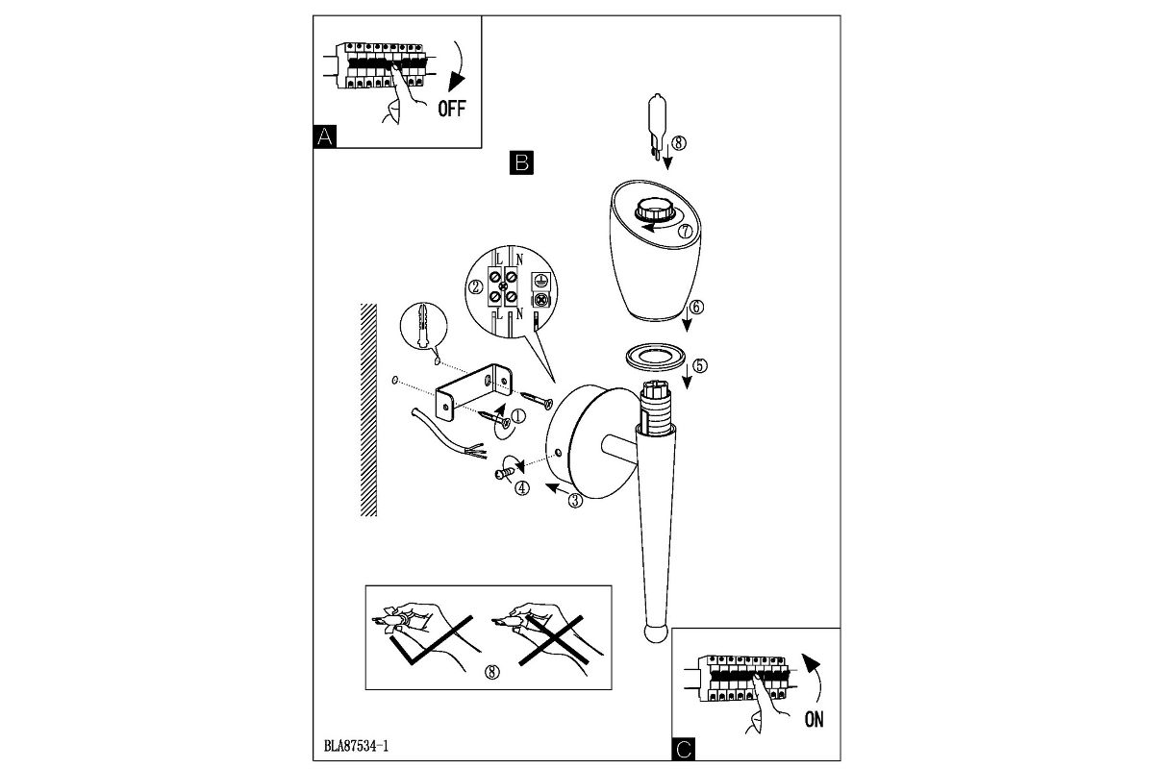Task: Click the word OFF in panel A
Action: [451, 109]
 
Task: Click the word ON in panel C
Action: [814, 720]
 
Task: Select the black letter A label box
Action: [326, 136]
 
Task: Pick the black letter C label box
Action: [684, 749]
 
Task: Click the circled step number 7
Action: [685, 232]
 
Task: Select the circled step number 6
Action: [697, 308]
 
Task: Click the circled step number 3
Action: [575, 499]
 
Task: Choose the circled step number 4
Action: [522, 487]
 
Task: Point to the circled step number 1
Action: [518, 416]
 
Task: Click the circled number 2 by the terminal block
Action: [474, 287]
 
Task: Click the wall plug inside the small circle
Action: [422, 326]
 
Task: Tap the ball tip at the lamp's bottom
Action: [654, 634]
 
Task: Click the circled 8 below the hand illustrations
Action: [493, 672]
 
